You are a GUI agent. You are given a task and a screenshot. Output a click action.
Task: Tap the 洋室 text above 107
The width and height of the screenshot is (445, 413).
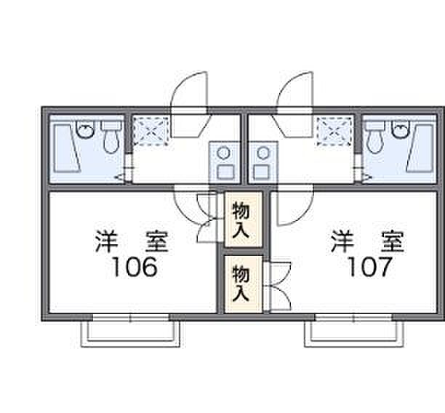coord(367,241)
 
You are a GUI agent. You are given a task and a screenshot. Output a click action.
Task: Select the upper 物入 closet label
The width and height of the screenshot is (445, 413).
coord(241,220)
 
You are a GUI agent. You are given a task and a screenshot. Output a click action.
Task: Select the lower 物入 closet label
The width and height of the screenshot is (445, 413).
coord(241,284)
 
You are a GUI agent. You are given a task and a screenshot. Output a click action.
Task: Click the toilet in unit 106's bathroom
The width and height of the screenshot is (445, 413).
coord(111,137)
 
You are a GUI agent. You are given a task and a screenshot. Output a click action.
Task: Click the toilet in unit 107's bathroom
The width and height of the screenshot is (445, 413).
coord(375,137)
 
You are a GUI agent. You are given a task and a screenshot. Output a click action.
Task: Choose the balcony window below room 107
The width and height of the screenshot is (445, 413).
coord(355,332)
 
